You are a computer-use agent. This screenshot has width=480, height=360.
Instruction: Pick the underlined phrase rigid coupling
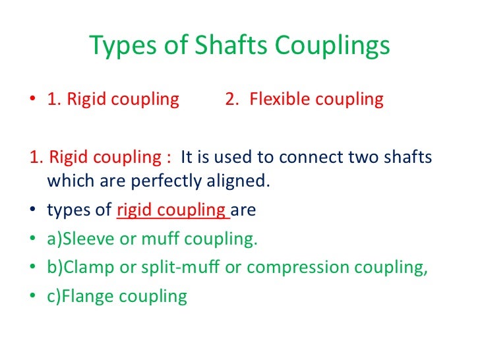(171, 211)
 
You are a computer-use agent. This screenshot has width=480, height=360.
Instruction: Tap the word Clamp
(86, 268)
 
